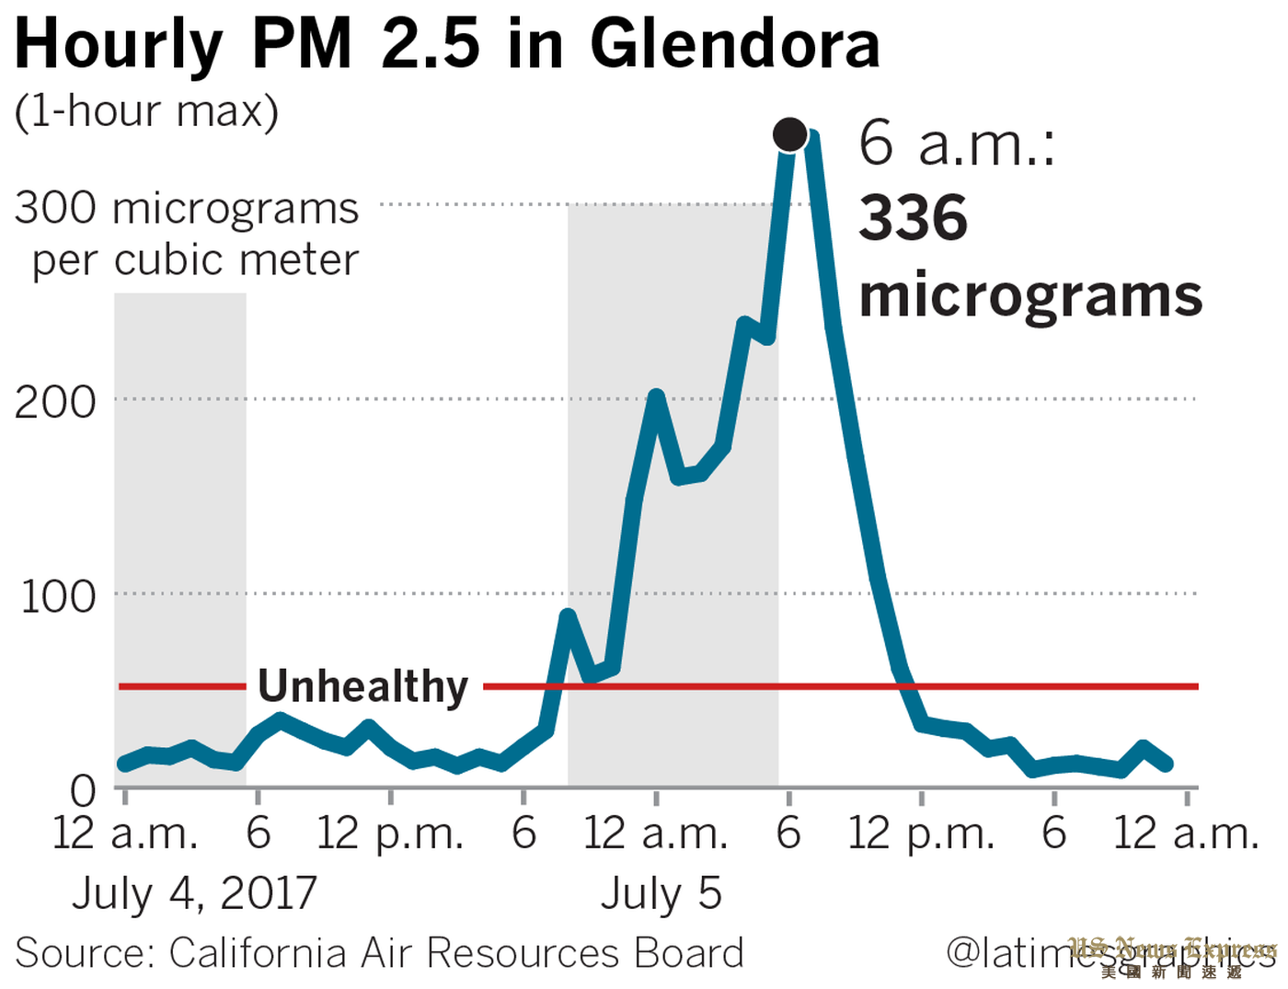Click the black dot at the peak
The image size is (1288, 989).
790,135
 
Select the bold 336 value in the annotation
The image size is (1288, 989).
913,218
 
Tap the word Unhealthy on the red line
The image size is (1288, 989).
363,686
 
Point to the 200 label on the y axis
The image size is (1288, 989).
56,402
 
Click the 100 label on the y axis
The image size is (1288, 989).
58,597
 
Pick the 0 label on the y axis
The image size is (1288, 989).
83,790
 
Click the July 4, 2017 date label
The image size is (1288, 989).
195,892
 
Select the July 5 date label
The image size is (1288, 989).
661,892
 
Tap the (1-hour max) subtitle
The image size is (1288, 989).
146,111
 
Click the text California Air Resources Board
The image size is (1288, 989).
456,953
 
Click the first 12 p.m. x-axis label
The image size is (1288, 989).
389,834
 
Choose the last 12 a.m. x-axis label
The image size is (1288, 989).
1186,834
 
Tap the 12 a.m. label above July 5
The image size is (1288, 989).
656,834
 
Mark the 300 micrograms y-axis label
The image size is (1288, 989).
187,208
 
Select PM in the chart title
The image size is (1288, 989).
302,44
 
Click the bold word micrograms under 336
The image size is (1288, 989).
1030,296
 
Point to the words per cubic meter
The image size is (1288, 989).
195,260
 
